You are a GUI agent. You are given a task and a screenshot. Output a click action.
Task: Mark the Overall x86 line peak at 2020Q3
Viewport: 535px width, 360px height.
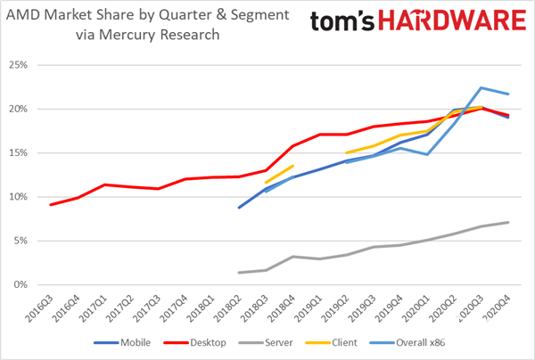tap(481, 87)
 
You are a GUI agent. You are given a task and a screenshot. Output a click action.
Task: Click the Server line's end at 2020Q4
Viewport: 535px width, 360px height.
tap(508, 222)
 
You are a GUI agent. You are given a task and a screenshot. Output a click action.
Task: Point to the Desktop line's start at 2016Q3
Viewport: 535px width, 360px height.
tap(51, 205)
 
